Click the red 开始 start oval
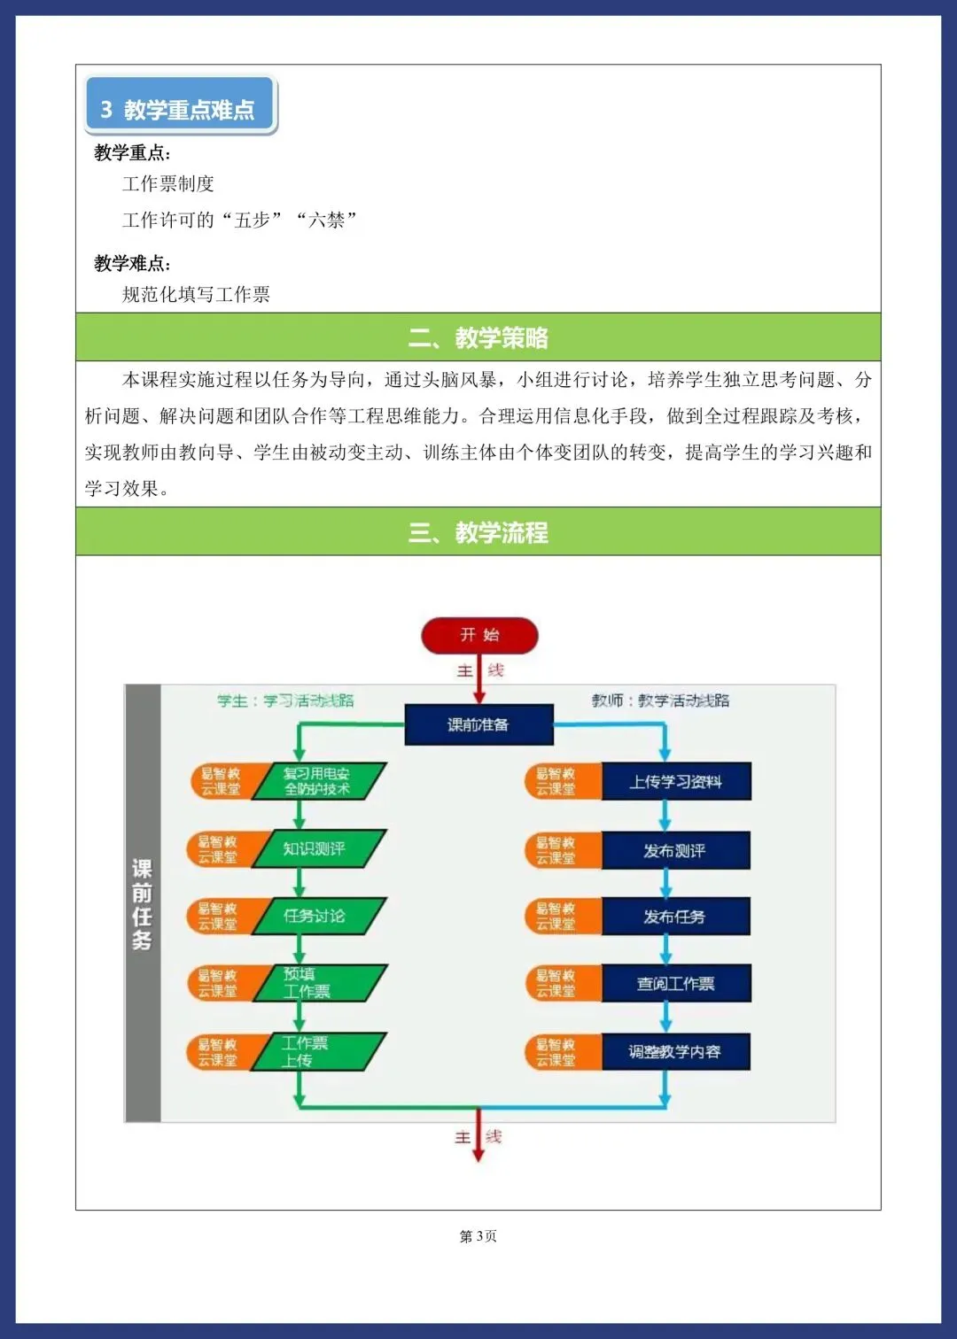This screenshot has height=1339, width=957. (x=479, y=635)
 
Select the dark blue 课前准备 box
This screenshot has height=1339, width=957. (x=478, y=724)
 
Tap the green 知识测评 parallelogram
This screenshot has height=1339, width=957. (x=317, y=848)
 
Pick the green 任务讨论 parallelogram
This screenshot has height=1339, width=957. (x=317, y=916)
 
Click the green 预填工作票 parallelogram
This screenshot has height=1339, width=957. (x=317, y=983)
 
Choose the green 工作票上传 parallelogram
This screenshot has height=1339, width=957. (x=317, y=1051)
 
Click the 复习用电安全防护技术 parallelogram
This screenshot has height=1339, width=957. (x=317, y=781)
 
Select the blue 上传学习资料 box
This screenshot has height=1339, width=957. (x=676, y=781)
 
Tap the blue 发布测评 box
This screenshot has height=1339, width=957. (x=676, y=850)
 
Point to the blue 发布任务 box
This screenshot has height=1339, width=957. (x=676, y=917)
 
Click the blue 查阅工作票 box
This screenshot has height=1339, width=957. (x=676, y=984)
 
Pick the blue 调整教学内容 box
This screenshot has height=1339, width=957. (x=676, y=1052)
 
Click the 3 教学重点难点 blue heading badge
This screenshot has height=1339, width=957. (x=181, y=107)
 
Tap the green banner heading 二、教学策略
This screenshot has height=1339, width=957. (x=478, y=337)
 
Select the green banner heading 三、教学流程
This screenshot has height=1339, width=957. (x=478, y=532)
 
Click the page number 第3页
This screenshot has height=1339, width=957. (x=478, y=1236)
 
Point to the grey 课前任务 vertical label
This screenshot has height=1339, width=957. (x=143, y=903)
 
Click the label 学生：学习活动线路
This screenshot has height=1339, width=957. (x=285, y=700)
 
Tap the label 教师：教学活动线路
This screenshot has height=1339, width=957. (x=661, y=700)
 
